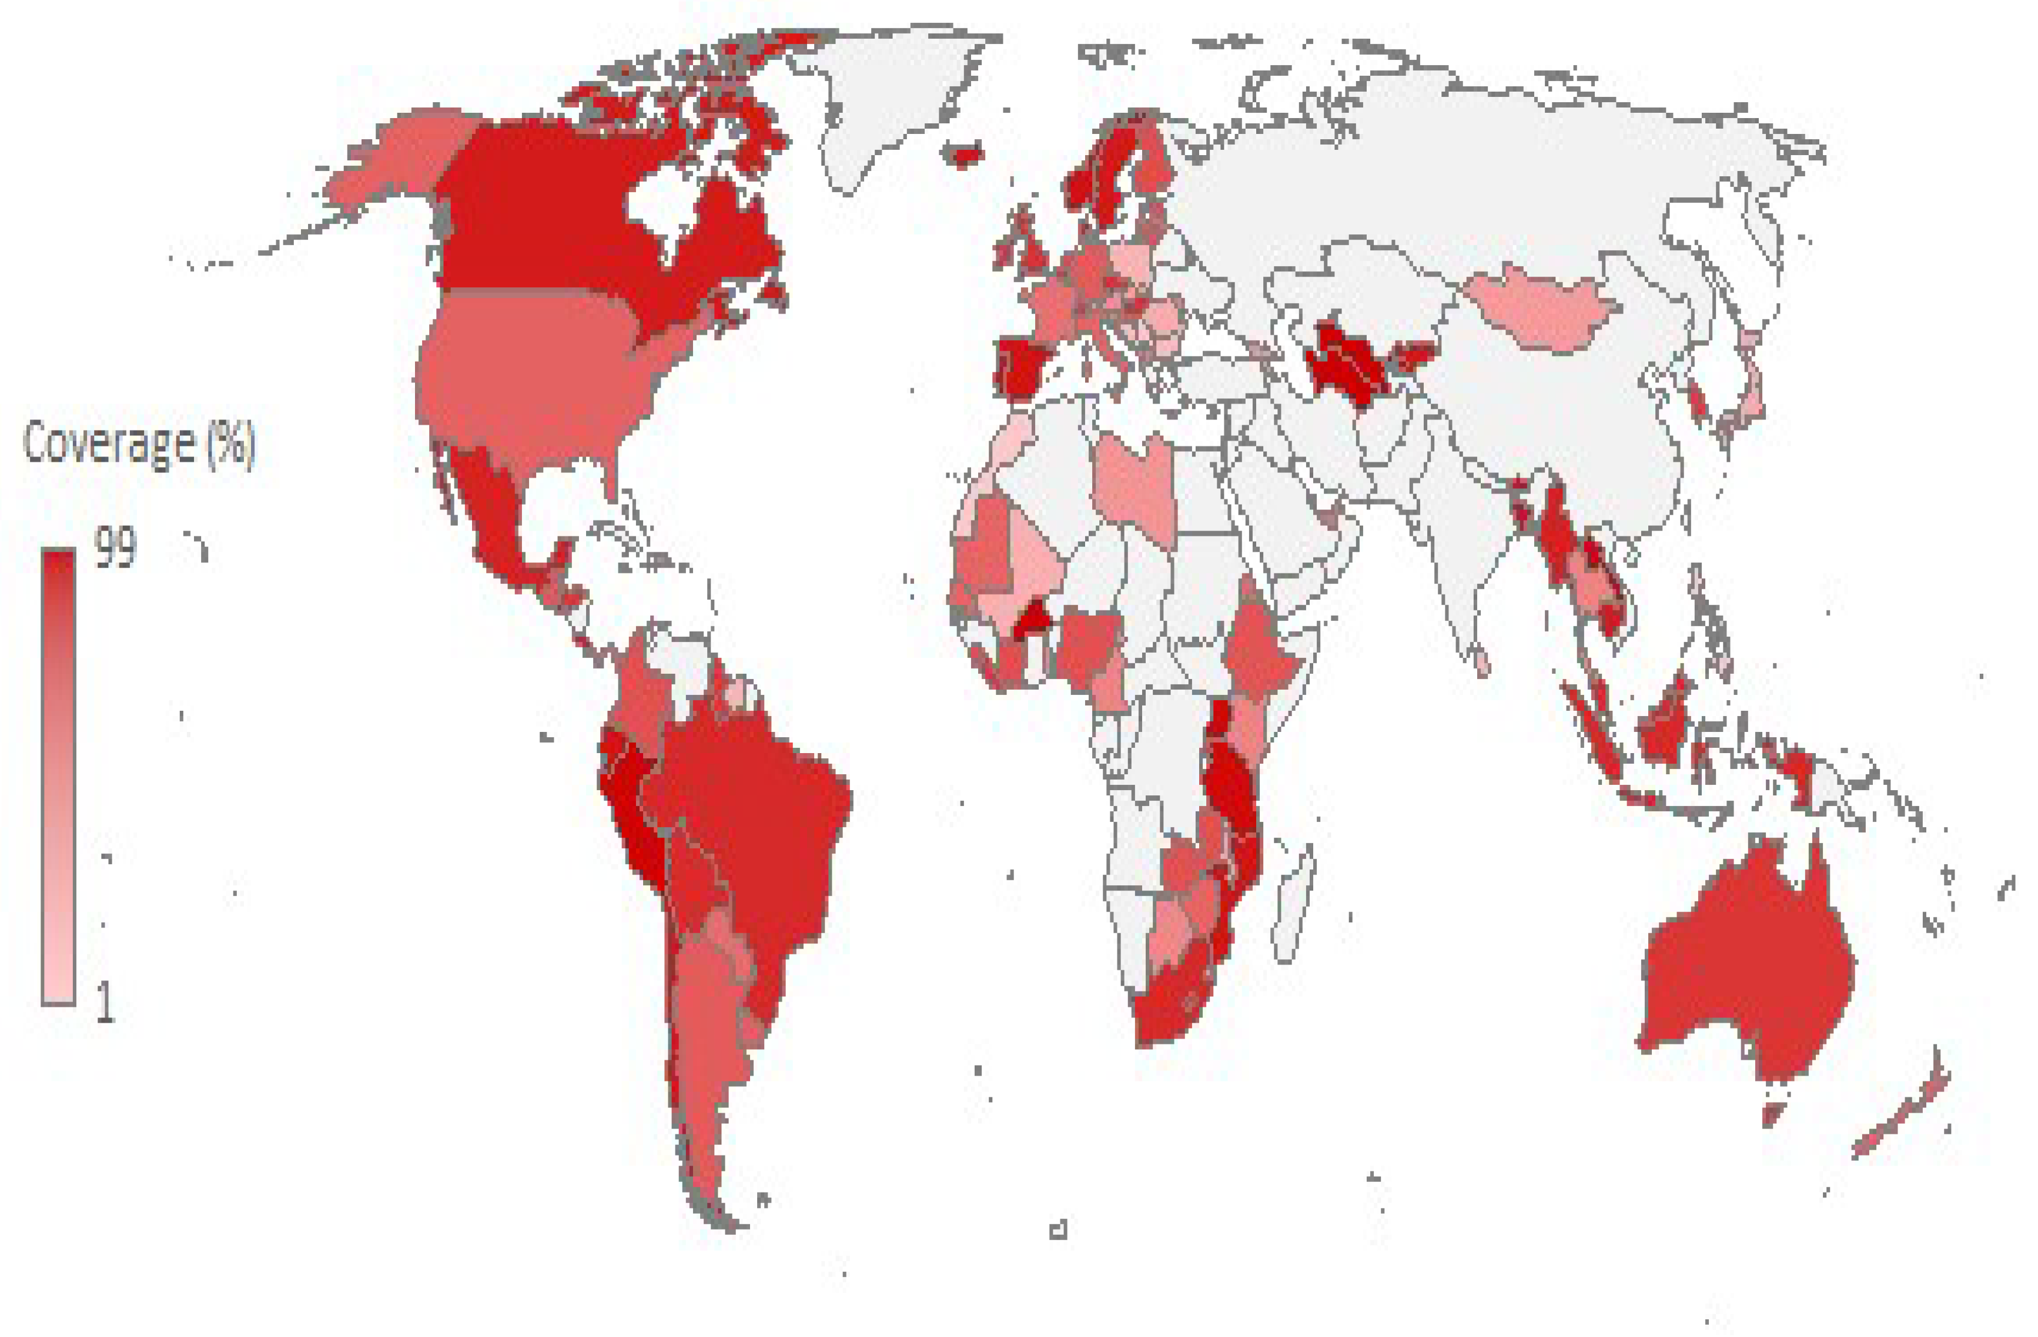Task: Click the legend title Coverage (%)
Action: (x=139, y=444)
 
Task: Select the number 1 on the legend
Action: (x=105, y=1002)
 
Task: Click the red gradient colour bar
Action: (x=58, y=775)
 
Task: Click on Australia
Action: (x=1747, y=968)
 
